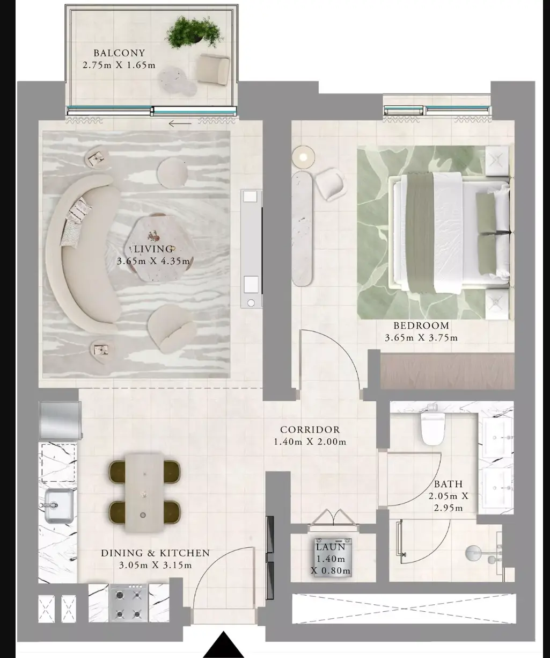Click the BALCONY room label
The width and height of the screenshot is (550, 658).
click(x=119, y=53)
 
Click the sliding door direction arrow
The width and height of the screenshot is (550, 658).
click(x=180, y=124)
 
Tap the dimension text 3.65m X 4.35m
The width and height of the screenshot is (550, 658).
click(x=153, y=261)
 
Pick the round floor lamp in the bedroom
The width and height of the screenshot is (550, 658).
click(x=303, y=157)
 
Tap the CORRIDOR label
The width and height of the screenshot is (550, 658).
click(x=310, y=430)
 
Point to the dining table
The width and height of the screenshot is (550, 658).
click(x=144, y=493)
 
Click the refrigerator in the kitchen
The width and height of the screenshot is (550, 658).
click(x=60, y=420)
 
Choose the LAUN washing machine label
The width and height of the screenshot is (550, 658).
click(x=331, y=547)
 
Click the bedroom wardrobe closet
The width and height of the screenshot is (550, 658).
click(x=447, y=371)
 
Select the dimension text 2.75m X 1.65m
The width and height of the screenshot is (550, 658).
click(x=119, y=66)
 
